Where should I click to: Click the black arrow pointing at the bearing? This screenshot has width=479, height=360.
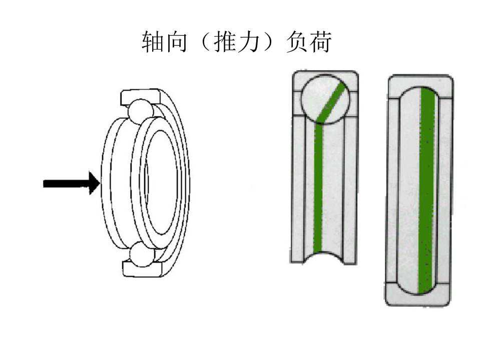(x=70, y=183)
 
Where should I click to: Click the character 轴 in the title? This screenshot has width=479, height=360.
(x=152, y=43)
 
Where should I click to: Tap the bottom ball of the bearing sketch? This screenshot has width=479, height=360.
(x=140, y=254)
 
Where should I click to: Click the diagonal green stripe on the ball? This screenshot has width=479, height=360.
(x=331, y=103)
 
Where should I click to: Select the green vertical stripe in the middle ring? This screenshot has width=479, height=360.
(x=318, y=190)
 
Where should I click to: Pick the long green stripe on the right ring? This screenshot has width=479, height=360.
(x=426, y=190)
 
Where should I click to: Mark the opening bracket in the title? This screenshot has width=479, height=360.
(x=201, y=43)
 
